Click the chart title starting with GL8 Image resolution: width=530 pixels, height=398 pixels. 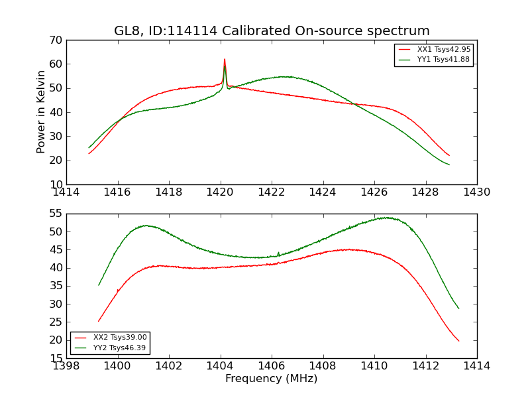[272, 31]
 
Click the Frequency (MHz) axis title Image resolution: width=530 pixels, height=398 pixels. [272, 379]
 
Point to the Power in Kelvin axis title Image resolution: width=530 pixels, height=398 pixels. [41, 112]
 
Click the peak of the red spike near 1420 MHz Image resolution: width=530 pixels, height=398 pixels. [225, 59]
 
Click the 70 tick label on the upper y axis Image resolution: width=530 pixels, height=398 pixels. [55, 40]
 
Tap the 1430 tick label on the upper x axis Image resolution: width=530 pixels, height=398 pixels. [477, 192]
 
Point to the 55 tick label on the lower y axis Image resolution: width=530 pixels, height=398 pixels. [55, 214]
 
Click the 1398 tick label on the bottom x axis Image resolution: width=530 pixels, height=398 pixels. [67, 366]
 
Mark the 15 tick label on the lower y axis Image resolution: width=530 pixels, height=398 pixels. [55, 358]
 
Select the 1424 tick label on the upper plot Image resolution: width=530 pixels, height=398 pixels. [323, 192]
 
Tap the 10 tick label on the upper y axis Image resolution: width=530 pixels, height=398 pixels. [55, 184]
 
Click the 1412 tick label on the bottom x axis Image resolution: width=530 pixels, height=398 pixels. [425, 366]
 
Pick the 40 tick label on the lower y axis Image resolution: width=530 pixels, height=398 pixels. [55, 268]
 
